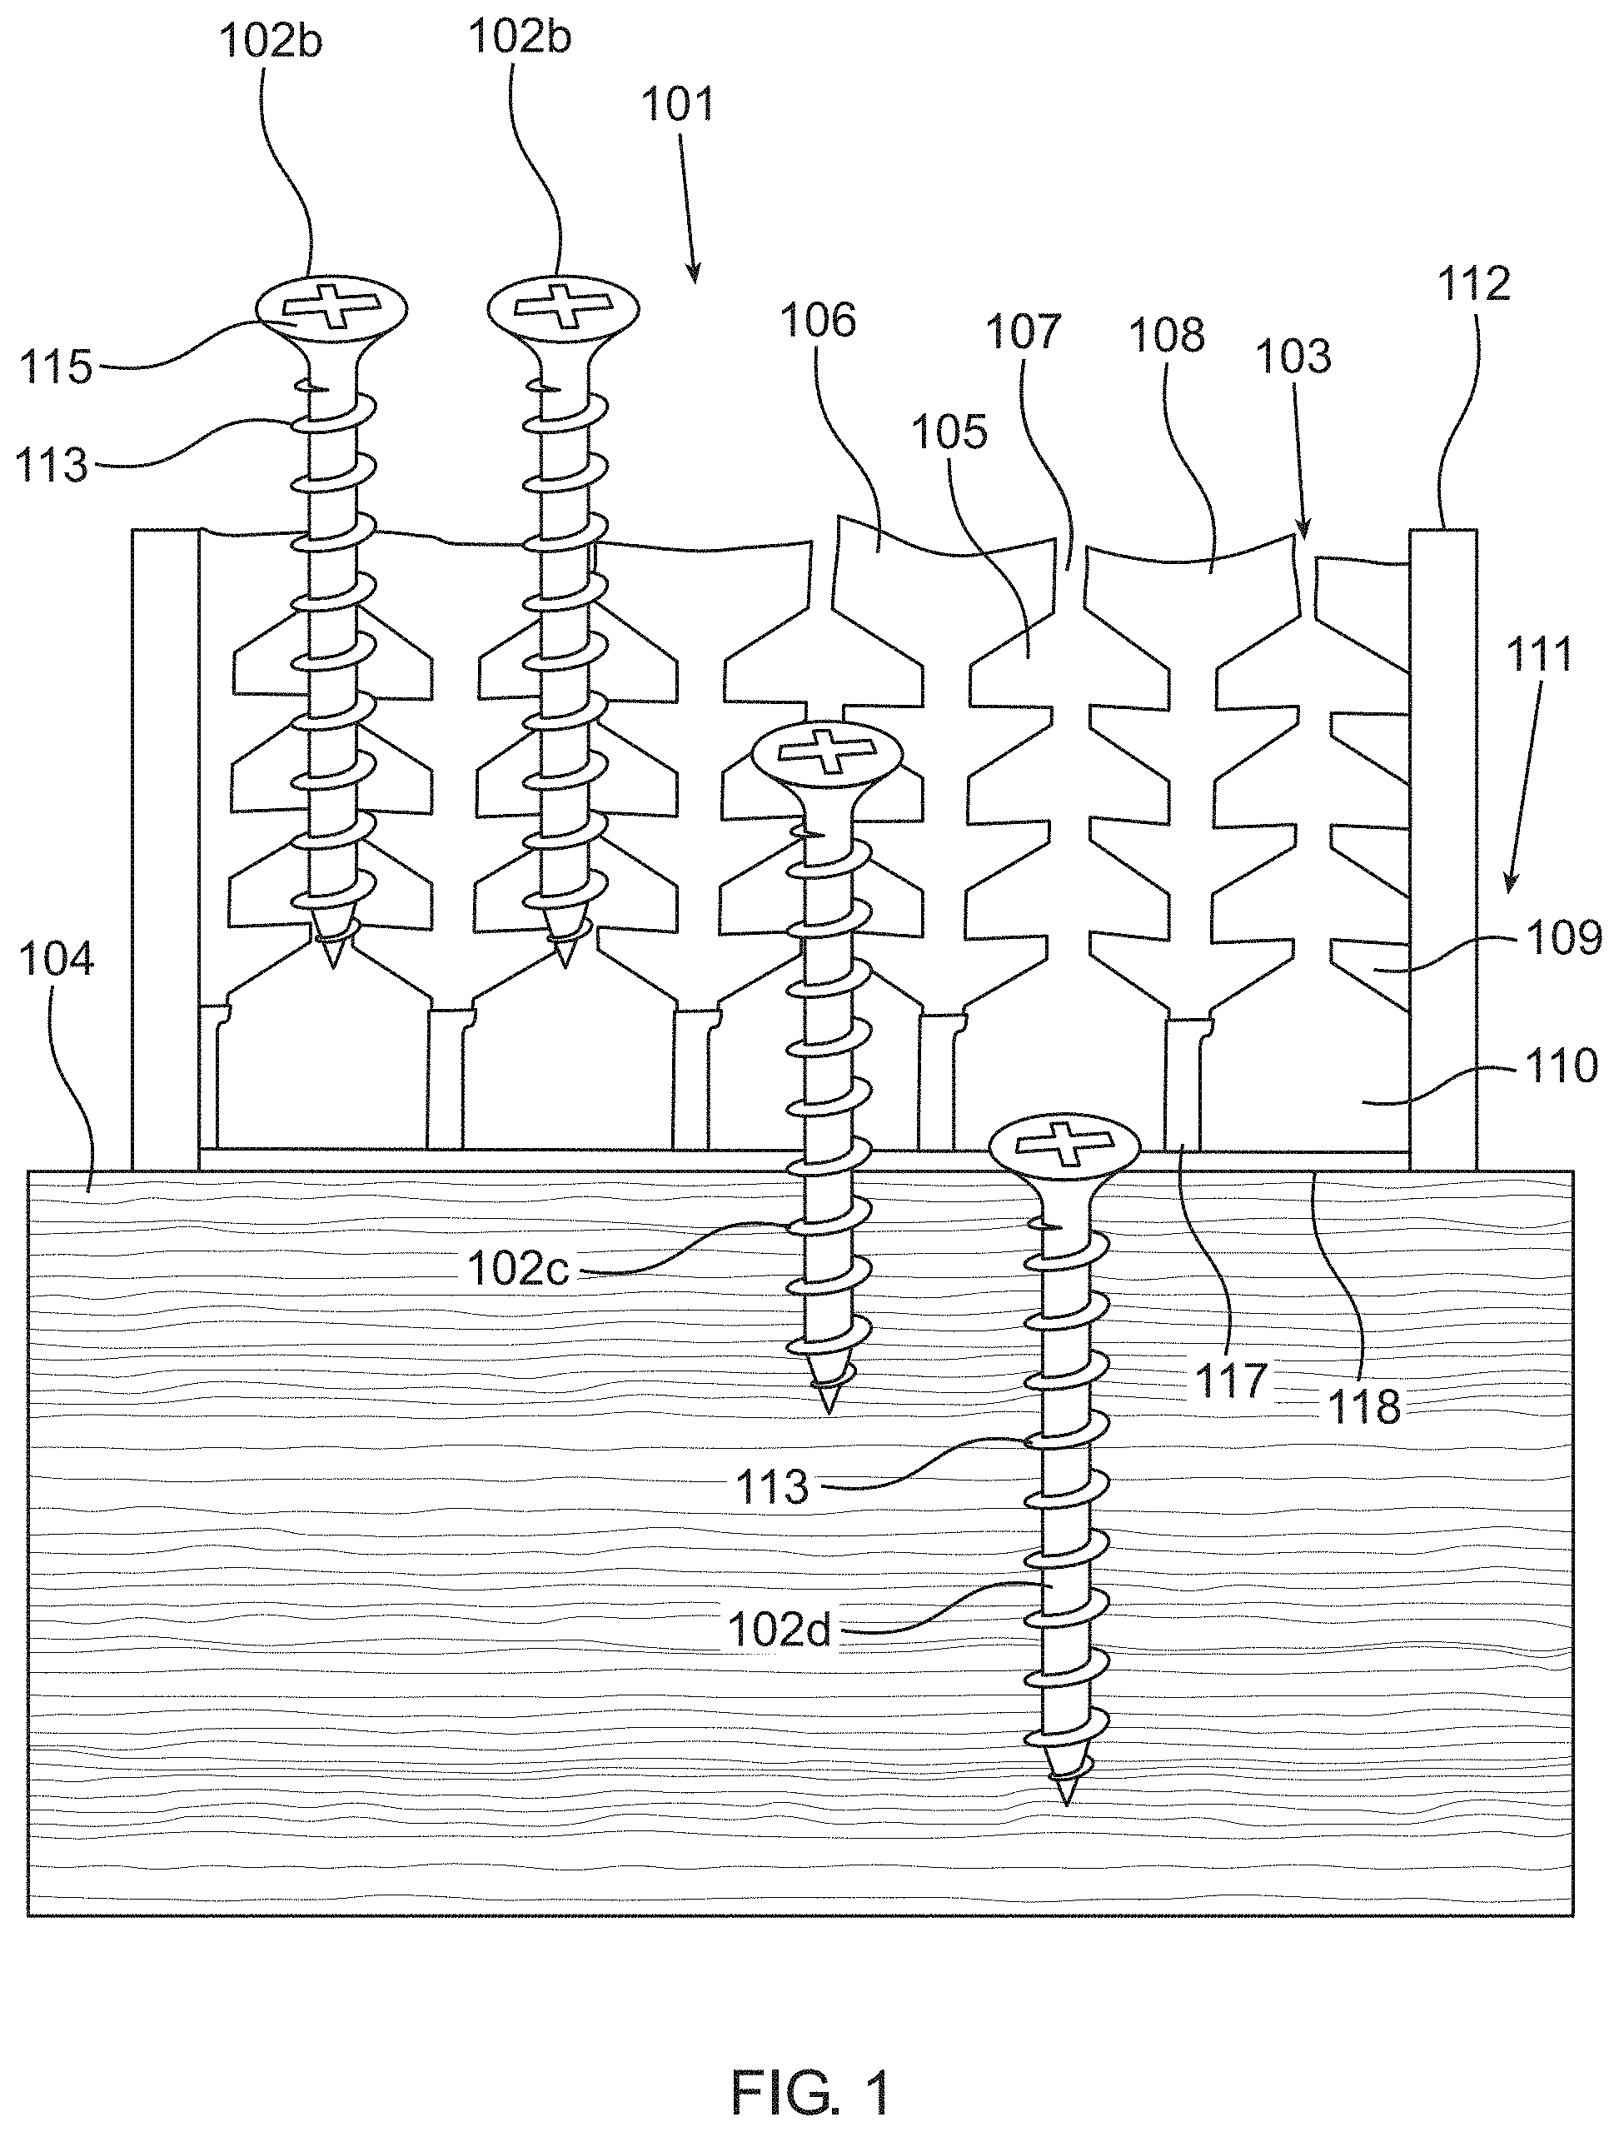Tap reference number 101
(680, 104)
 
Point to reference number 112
(1474, 283)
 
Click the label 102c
(519, 1270)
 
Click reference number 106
(818, 320)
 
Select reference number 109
(1563, 936)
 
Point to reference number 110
(1562, 1066)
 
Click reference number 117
(1232, 1381)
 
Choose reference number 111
(1539, 653)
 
